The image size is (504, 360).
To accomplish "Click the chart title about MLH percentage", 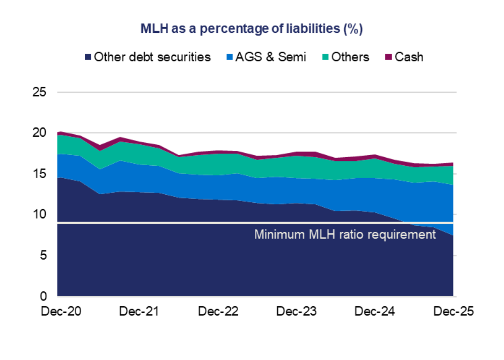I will point(252,29).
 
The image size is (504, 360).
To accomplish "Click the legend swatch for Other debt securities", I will point(88,57).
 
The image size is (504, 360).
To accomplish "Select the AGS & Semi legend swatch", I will point(230,57).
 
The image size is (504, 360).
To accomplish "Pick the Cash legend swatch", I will point(388,57).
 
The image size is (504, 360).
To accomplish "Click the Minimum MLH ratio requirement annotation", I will point(345,235).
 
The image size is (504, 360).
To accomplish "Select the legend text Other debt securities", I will point(152,57).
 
